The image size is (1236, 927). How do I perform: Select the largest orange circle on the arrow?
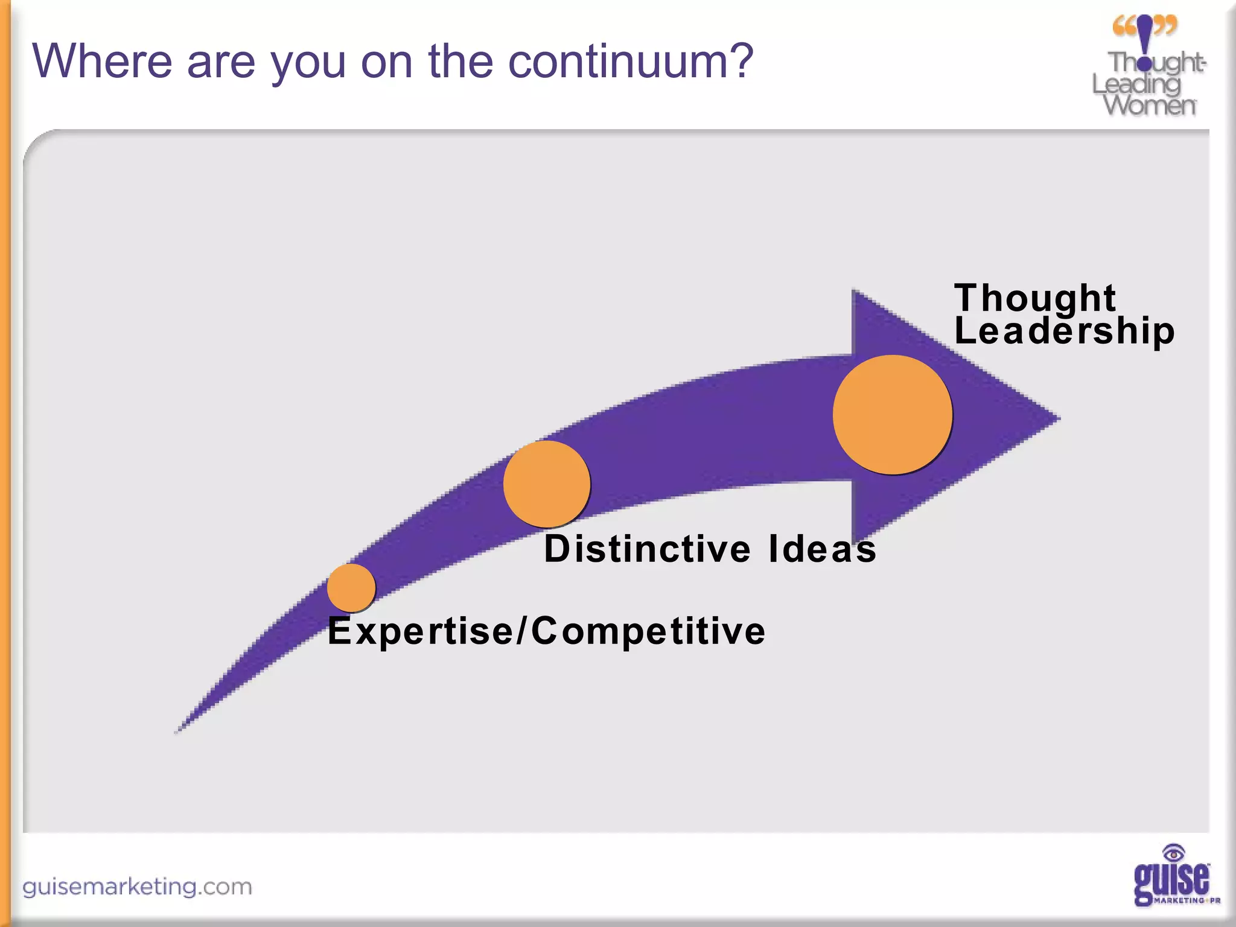click(x=892, y=415)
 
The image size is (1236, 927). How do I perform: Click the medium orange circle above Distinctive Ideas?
click(x=546, y=483)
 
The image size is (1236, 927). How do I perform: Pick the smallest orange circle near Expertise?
click(x=351, y=587)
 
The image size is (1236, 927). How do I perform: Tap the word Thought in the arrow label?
click(x=1034, y=298)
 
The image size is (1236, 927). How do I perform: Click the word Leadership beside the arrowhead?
click(x=1064, y=331)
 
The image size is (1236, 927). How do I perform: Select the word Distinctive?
click(x=647, y=549)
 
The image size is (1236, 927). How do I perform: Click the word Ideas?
click(x=822, y=549)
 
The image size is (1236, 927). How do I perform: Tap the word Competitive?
click(x=648, y=631)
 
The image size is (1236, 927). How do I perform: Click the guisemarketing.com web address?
click(x=138, y=887)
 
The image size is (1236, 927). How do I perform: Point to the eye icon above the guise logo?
click(x=1173, y=853)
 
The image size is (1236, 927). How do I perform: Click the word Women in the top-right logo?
click(x=1149, y=105)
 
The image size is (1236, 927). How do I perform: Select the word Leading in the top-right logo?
click(x=1136, y=84)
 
